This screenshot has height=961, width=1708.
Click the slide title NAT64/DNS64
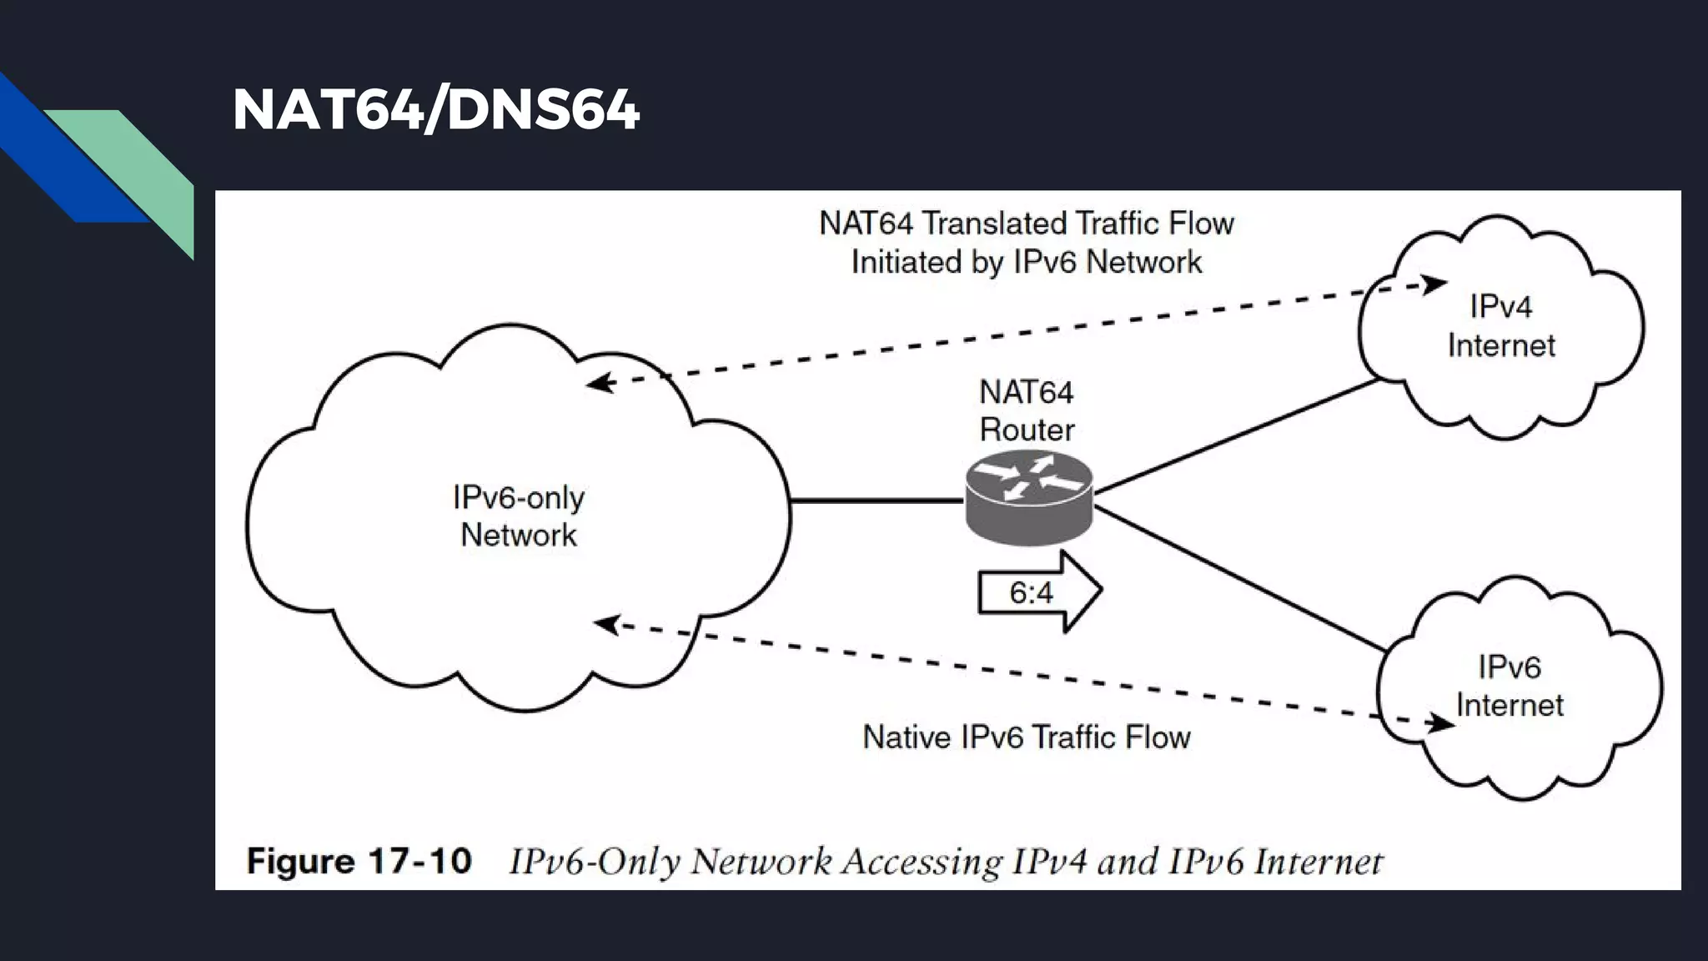(x=435, y=109)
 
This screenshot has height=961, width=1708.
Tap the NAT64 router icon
(x=1028, y=499)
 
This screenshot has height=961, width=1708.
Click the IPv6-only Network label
(x=518, y=516)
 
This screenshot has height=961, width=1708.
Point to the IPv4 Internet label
(x=1500, y=326)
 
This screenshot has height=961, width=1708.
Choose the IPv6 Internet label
(x=1509, y=686)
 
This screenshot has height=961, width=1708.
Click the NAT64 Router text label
(x=1026, y=411)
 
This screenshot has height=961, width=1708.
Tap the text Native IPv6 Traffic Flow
(x=1026, y=737)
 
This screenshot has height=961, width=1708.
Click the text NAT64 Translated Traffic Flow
(x=1026, y=224)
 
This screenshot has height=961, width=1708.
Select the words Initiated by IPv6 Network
(x=1026, y=263)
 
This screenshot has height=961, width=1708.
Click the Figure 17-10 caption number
(x=359, y=861)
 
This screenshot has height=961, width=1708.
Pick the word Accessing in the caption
(x=922, y=862)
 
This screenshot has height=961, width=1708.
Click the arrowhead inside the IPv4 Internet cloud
(x=1434, y=284)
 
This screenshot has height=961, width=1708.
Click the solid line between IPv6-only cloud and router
(x=876, y=501)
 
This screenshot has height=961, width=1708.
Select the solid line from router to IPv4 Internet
(x=1234, y=436)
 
